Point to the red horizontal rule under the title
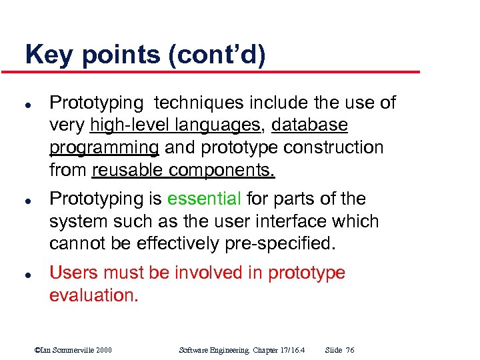[x=220, y=72]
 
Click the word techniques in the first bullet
[x=199, y=103]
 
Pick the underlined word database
[x=310, y=125]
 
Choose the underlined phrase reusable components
[x=183, y=170]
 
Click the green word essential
[x=204, y=199]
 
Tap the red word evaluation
[x=94, y=295]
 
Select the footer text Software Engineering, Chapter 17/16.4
[x=243, y=350]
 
